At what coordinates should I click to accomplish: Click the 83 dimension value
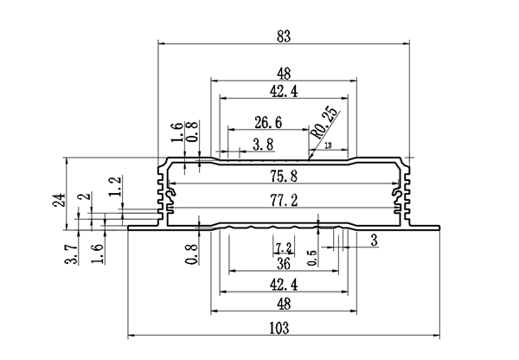click(283, 35)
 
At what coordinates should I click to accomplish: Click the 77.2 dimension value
click(283, 202)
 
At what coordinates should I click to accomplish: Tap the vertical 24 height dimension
click(58, 201)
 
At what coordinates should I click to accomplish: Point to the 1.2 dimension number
click(114, 184)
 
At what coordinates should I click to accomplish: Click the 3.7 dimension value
click(74, 254)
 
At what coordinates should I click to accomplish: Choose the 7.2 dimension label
click(283, 248)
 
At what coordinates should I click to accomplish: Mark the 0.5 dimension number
click(312, 257)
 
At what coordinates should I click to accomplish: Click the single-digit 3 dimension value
click(374, 240)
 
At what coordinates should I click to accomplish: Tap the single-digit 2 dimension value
click(83, 198)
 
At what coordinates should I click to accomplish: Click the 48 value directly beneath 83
click(283, 74)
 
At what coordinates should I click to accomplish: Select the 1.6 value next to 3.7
click(96, 254)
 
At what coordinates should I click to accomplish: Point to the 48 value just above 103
click(283, 304)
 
